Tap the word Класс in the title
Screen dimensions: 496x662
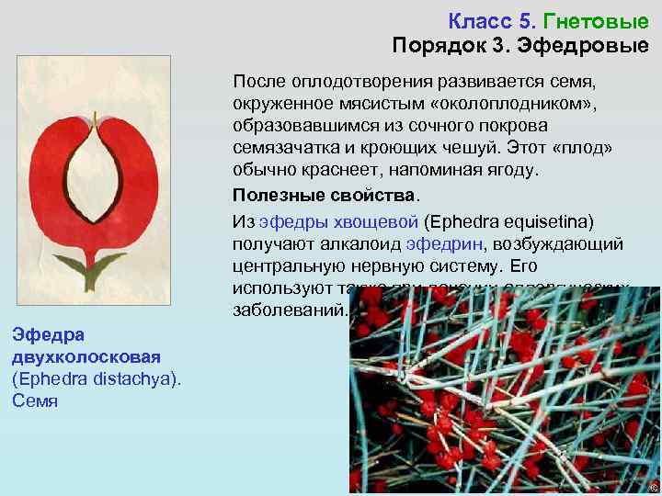click(480, 19)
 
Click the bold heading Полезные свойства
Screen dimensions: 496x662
click(324, 196)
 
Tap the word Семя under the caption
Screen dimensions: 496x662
click(35, 400)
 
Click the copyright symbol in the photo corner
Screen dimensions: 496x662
click(653, 487)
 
